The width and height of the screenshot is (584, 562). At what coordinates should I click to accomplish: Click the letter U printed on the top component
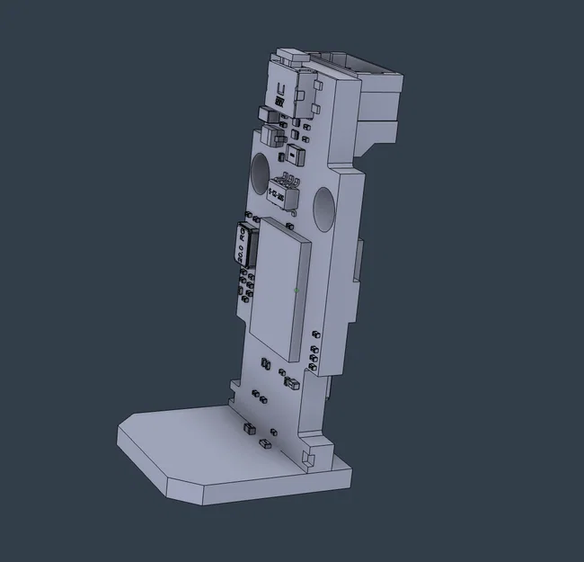[281, 90]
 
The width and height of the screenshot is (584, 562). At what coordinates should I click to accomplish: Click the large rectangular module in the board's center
[279, 288]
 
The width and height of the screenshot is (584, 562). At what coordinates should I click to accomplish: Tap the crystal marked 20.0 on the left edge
[243, 244]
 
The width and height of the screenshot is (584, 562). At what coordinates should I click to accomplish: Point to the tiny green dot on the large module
[296, 290]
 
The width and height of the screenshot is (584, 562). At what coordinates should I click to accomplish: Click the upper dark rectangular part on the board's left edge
[268, 115]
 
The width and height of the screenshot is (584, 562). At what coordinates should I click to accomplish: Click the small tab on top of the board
[289, 56]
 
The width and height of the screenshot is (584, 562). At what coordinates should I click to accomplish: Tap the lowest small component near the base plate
[265, 444]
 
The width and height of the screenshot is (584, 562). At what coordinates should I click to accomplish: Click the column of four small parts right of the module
[313, 351]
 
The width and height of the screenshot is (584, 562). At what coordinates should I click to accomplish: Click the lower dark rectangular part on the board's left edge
[272, 137]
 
